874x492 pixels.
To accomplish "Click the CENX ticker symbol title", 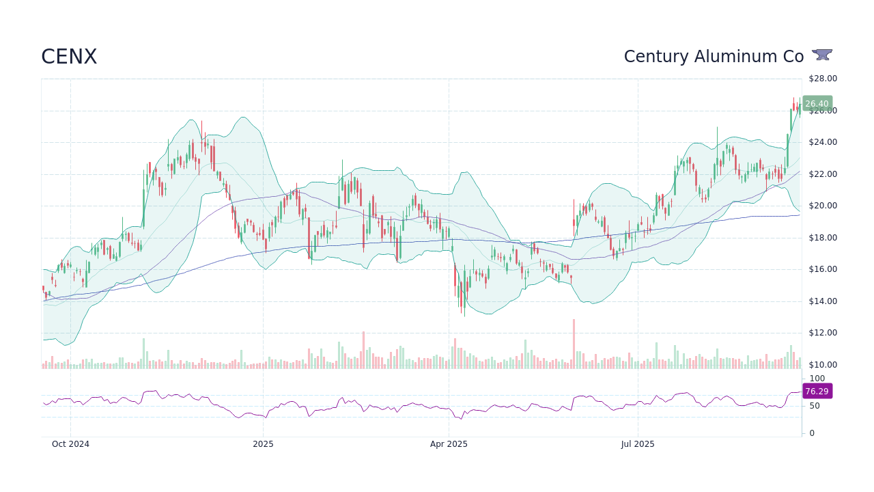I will [69, 57].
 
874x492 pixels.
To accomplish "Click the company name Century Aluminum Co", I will [714, 57].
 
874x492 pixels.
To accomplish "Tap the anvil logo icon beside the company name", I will [822, 55].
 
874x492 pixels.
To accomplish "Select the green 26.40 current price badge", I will [817, 104].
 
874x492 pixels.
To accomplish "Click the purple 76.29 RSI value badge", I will [817, 392].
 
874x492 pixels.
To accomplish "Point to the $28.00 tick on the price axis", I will [823, 79].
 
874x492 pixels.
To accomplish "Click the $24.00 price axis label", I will [823, 142].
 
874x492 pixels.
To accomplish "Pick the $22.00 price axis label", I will [823, 174].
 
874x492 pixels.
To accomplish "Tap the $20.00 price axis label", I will [823, 206].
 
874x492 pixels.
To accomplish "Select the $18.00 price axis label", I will [823, 238].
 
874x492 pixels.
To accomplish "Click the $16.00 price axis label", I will [823, 269].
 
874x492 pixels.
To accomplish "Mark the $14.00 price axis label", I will [823, 301].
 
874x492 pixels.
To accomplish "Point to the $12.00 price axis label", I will [823, 333].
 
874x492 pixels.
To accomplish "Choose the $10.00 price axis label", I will [823, 365].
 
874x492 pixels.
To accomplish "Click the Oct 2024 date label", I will [70, 444].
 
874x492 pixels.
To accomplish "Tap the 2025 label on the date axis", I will [263, 444].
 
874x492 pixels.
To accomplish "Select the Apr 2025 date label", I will [449, 444].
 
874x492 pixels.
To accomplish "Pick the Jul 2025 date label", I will [638, 444].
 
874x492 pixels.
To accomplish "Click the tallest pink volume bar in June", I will [574, 344].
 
